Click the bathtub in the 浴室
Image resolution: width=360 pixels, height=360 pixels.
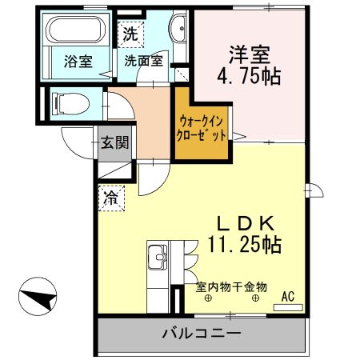click(75, 31)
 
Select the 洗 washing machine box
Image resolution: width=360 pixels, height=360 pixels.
click(130, 34)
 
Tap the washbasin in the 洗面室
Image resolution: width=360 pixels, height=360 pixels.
click(178, 33)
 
